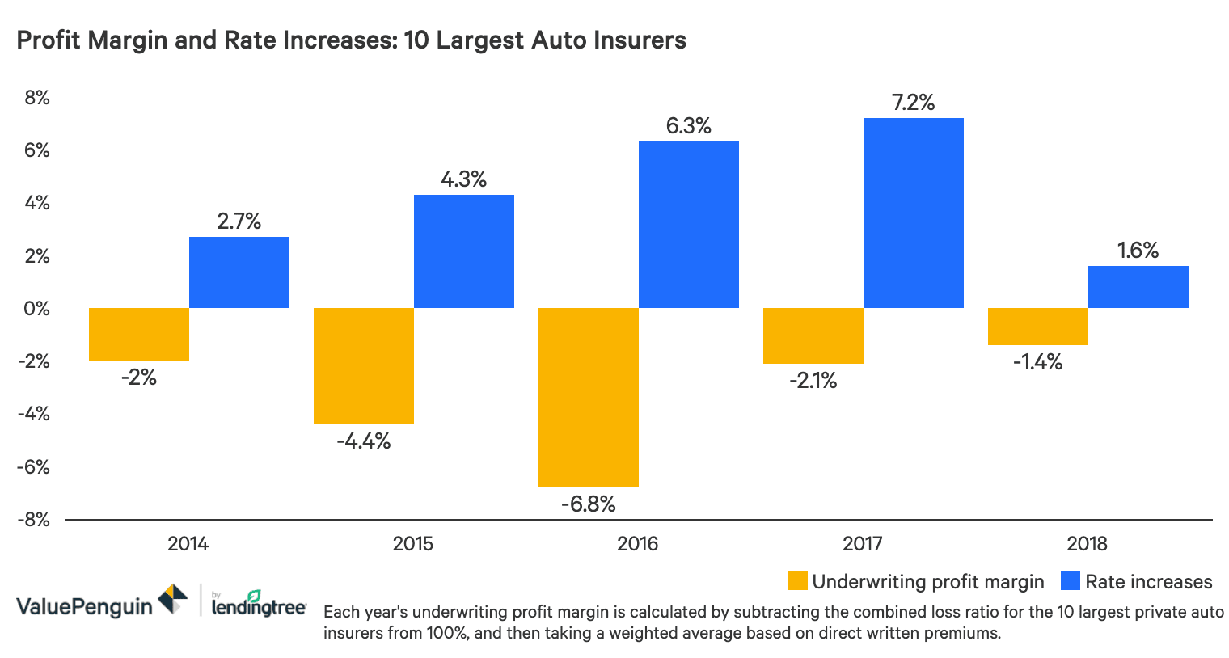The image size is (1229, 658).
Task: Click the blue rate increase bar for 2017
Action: coord(913,213)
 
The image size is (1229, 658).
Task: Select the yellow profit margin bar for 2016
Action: coord(589,397)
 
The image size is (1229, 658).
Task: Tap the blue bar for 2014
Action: coord(239,272)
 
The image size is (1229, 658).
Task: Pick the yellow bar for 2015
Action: coord(364,365)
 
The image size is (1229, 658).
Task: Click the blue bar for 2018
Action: coord(1138,287)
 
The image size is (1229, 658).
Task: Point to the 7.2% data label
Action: coord(913,103)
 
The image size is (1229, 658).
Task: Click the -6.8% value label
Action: coord(589,504)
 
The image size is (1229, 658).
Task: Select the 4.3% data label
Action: coord(463,179)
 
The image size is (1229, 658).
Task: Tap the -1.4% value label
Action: coord(1037,362)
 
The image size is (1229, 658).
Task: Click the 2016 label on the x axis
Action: coord(637,544)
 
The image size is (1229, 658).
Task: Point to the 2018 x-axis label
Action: coord(1087,544)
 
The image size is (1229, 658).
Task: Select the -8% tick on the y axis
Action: coord(34,520)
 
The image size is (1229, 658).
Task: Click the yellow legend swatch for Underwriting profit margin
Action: coord(797,582)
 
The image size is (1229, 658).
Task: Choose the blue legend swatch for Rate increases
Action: coord(1071,582)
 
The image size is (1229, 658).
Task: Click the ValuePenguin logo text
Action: coord(84,606)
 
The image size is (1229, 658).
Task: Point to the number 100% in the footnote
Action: coord(449,633)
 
